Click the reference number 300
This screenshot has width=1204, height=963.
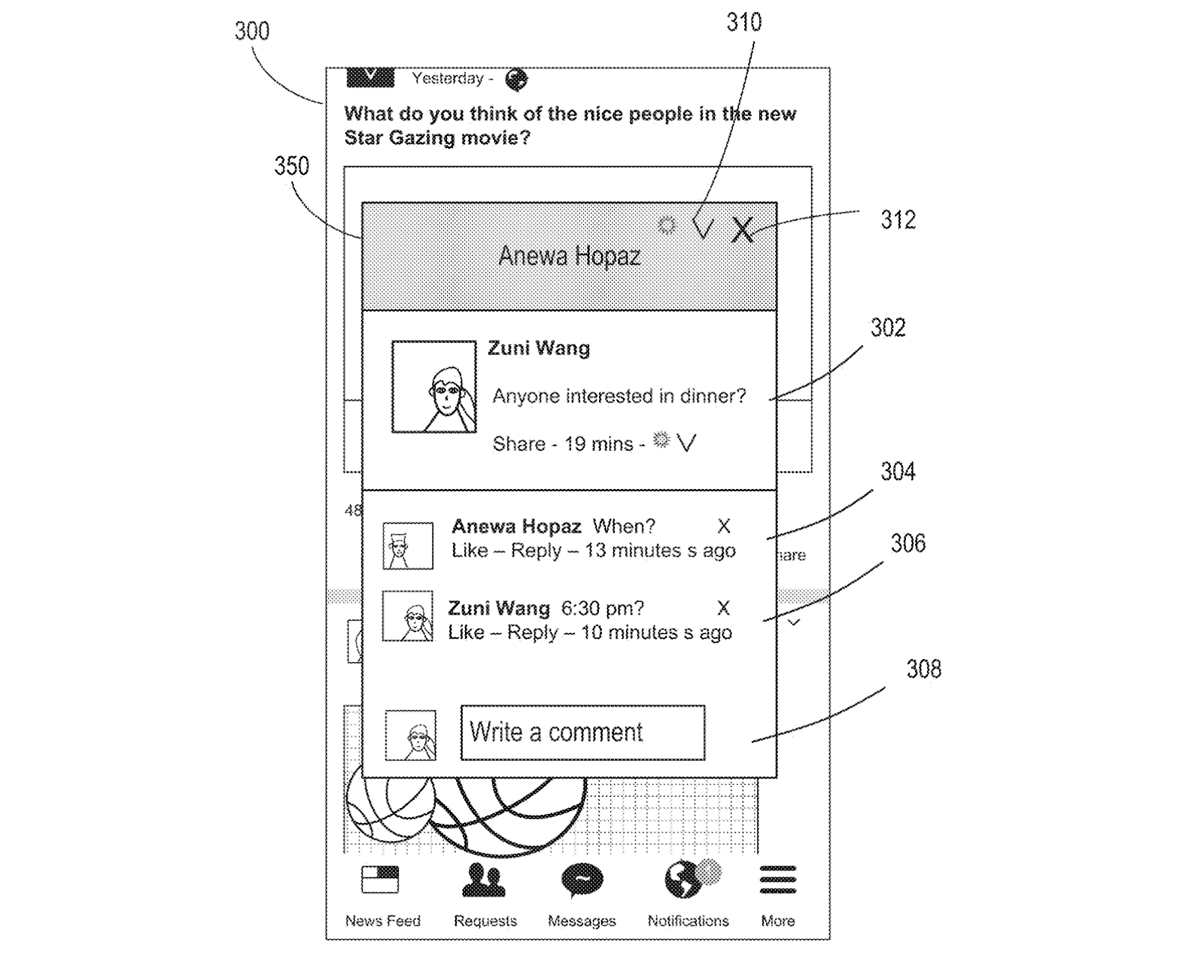pos(251,32)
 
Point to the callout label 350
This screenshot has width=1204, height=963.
pos(291,166)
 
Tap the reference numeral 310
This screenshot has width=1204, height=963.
pos(743,23)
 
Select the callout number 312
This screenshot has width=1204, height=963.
pos(898,220)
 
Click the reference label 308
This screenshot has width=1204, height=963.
pos(923,670)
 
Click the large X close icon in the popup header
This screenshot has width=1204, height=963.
pos(742,230)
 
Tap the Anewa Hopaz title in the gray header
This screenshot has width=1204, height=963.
pos(569,257)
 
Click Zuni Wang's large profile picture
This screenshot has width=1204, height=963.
pos(434,387)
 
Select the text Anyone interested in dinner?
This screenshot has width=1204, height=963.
pos(619,396)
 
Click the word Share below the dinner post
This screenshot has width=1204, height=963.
pos(518,444)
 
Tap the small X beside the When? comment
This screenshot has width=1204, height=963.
pos(724,526)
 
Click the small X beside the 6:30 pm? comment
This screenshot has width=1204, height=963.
pos(723,608)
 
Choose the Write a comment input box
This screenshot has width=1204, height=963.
pos(582,732)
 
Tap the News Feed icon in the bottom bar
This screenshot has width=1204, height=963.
pos(380,879)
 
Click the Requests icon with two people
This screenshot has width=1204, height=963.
pos(483,880)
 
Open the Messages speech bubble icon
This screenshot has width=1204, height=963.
pos(582,880)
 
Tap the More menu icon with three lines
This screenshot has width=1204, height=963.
pos(777,879)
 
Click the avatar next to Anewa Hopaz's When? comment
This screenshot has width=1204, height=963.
pos(407,545)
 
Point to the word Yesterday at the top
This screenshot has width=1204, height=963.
pos(448,79)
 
